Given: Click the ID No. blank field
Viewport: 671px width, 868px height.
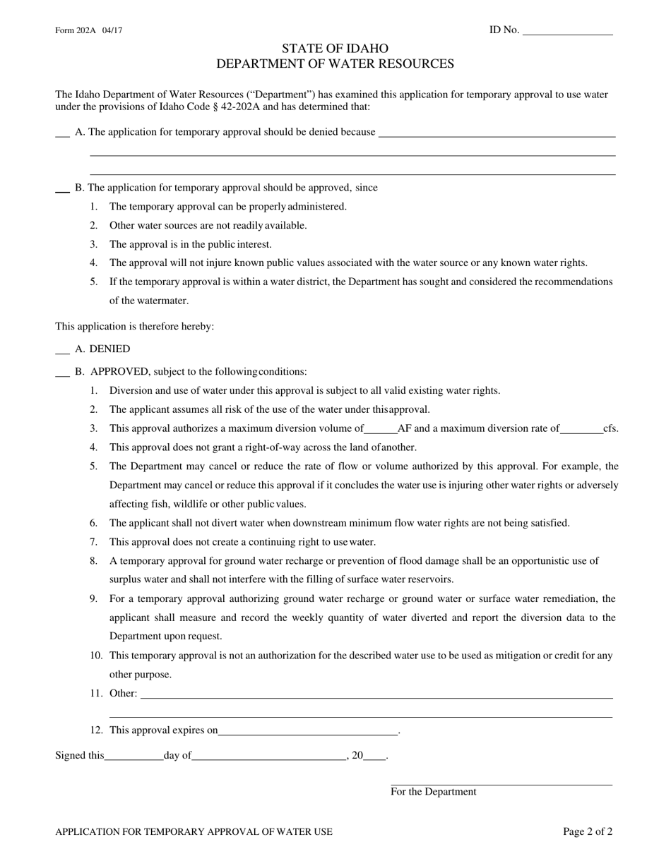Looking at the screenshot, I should pyautogui.click(x=567, y=30).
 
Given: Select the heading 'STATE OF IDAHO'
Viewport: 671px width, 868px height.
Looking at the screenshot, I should pyautogui.click(x=335, y=49).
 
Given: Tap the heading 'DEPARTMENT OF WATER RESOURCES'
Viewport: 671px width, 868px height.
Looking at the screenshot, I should pyautogui.click(x=335, y=64).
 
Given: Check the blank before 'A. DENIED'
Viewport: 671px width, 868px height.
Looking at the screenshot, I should pyautogui.click(x=62, y=349).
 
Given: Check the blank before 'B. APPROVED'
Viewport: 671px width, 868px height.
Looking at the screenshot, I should pyautogui.click(x=62, y=371).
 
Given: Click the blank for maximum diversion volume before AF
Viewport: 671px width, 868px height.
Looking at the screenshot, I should pyautogui.click(x=381, y=428).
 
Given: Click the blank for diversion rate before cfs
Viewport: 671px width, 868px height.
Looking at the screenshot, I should pyautogui.click(x=581, y=428).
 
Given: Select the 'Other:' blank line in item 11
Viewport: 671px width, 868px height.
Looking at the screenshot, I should pyautogui.click(x=376, y=694).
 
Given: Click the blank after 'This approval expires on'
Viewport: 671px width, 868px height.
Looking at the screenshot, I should pyautogui.click(x=308, y=731).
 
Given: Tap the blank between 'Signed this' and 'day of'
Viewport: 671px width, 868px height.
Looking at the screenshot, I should pyautogui.click(x=133, y=756).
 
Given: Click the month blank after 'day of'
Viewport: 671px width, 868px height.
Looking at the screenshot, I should pyautogui.click(x=268, y=756).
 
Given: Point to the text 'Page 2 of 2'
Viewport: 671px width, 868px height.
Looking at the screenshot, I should pyautogui.click(x=588, y=832).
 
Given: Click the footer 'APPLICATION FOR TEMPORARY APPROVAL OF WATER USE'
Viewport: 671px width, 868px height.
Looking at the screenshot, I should pyautogui.click(x=194, y=832).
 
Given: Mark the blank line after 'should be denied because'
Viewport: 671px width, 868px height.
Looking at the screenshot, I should pyautogui.click(x=497, y=133).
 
